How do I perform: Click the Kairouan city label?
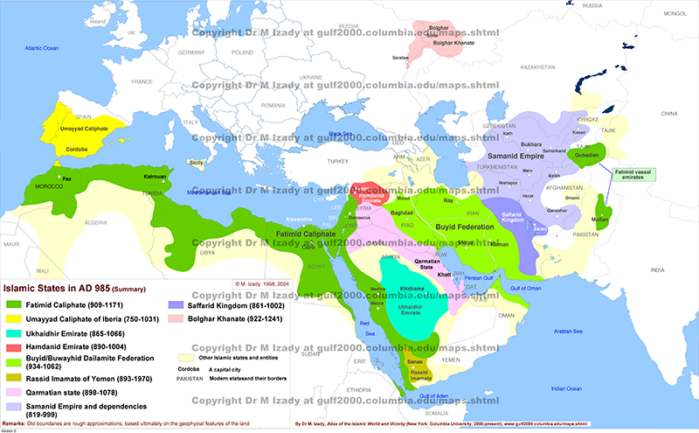155,176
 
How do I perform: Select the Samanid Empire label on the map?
515,154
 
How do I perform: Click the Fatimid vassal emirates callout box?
630,174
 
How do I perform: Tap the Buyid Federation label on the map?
464,225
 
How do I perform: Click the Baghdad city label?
402,213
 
